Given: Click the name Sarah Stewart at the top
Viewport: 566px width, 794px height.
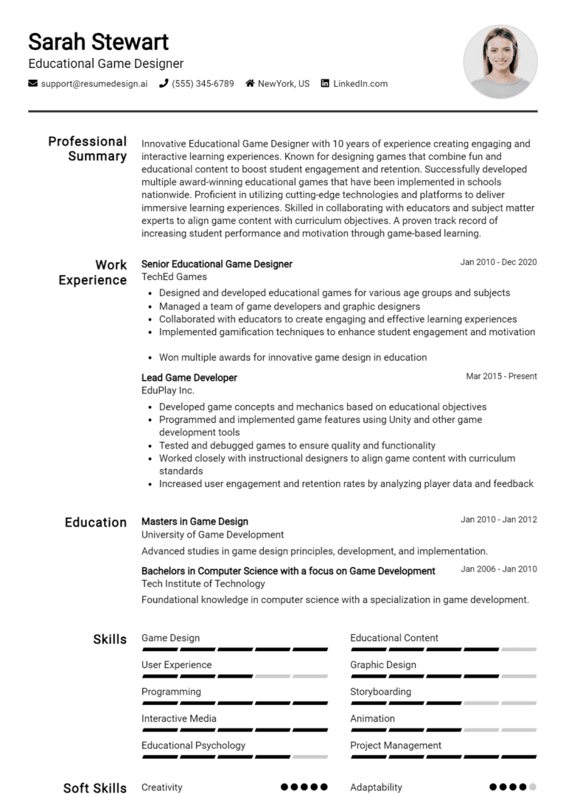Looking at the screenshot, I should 98,41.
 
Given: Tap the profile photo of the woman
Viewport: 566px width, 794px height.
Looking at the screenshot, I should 500,62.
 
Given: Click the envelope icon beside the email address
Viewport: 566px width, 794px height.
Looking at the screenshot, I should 33,83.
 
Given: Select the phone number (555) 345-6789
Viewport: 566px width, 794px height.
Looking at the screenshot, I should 203,84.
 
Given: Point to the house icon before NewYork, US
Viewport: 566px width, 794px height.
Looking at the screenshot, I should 250,83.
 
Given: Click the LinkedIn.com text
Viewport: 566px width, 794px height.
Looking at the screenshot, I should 360,84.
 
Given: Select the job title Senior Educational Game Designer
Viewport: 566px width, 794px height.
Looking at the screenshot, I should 217,264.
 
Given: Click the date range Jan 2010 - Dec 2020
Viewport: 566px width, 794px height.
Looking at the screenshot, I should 498,262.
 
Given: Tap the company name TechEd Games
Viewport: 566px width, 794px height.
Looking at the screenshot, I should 174,277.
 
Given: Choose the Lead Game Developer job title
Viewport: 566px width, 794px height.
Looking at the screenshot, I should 189,378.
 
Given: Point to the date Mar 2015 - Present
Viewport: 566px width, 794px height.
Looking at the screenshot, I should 501,376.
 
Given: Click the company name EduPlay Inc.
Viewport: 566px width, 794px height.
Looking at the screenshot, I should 168,390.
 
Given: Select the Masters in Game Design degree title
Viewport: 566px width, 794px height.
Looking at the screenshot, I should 195,521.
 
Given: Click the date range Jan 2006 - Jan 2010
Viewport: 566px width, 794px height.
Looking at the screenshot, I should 498,569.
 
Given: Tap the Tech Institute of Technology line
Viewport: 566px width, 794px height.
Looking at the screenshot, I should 203,583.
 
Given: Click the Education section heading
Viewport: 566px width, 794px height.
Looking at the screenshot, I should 96,522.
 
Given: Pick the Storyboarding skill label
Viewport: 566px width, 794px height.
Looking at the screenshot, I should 380,692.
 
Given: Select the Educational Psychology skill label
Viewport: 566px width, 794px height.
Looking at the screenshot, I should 193,745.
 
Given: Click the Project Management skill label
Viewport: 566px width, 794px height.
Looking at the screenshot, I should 396,745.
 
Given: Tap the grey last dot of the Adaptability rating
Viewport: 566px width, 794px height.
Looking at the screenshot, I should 533,787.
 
